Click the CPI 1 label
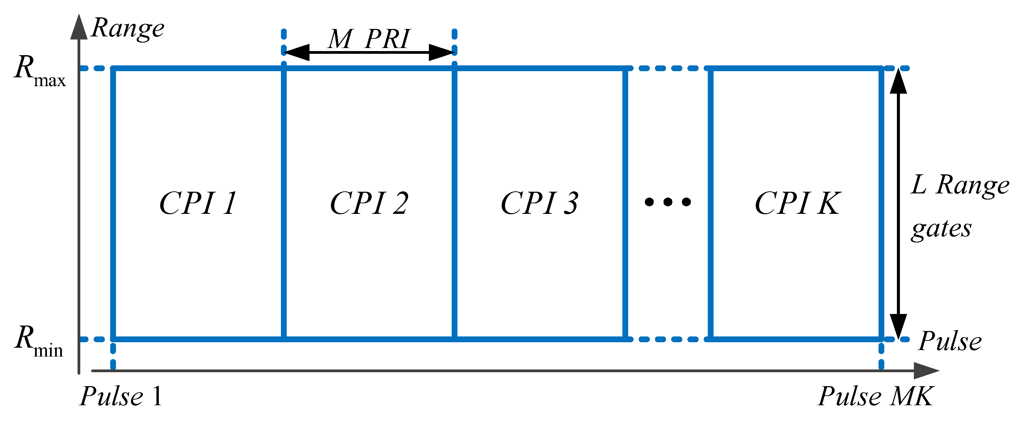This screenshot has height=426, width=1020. click(x=198, y=203)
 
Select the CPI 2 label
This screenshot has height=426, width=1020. click(x=369, y=203)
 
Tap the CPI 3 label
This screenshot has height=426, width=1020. click(x=539, y=203)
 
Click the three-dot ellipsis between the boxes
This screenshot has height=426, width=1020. click(x=668, y=202)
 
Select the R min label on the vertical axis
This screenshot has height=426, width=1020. click(x=39, y=342)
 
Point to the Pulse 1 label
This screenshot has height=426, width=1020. click(x=121, y=396)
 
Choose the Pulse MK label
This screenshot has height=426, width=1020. click(x=875, y=396)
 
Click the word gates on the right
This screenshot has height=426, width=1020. click(x=941, y=229)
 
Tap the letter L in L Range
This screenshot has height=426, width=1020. click(x=919, y=185)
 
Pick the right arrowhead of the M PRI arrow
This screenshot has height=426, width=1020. click(x=442, y=52)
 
